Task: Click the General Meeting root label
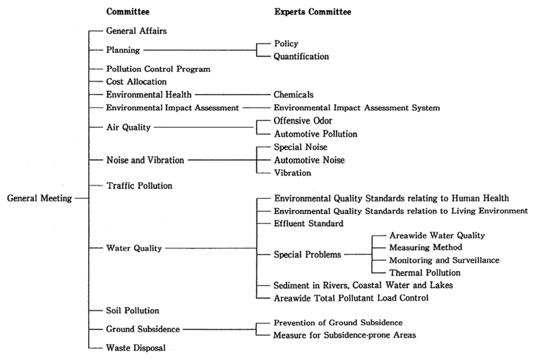coord(40,198)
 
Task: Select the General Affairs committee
coord(136,31)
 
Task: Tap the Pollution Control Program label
coord(159,69)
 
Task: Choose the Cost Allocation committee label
coord(136,82)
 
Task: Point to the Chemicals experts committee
coord(294,95)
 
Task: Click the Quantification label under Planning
coord(301,57)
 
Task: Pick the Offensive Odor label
coord(303,121)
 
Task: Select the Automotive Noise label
coord(309,160)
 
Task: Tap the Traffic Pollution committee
coord(139,186)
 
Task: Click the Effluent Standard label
coord(309,224)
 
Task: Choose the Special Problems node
coord(307,254)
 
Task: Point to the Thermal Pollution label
coord(425,273)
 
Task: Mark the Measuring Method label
coord(425,248)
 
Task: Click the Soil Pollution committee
coord(132,310)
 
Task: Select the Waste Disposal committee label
coord(136,348)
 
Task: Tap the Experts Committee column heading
coord(313,12)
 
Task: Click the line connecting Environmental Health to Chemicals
coord(233,95)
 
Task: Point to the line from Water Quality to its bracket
coord(211,248)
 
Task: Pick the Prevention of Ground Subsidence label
coord(338,323)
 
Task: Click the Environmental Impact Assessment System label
coord(356,108)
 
